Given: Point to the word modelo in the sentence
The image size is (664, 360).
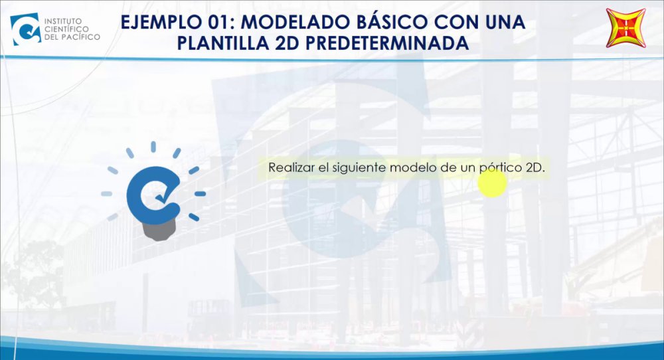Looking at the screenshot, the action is (x=413, y=167).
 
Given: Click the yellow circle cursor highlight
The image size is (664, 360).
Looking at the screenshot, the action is (x=492, y=183).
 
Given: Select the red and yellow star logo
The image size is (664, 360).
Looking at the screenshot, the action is (x=626, y=27).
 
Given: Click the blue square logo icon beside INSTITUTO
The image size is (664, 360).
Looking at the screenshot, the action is (x=25, y=29).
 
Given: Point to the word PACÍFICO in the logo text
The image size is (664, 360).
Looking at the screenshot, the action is (x=80, y=37).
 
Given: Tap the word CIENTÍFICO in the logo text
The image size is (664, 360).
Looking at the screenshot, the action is (x=66, y=29).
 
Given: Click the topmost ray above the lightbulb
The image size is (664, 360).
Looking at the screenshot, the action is (x=153, y=147).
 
